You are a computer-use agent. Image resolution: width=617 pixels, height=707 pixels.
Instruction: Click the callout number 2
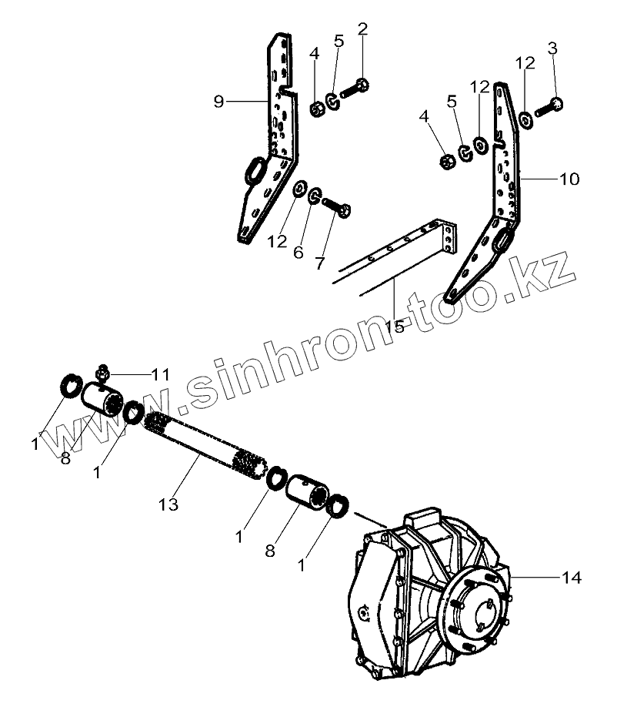pos(363,30)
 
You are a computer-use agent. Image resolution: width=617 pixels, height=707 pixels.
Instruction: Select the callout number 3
pos(552,49)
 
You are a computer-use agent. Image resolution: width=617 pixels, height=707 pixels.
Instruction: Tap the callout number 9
pos(218,102)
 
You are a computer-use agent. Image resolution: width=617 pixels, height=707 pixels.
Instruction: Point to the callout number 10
pos(569,179)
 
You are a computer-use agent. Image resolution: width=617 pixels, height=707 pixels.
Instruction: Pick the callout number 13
pos(168,504)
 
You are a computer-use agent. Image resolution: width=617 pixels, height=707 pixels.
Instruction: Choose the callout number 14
pos(572,577)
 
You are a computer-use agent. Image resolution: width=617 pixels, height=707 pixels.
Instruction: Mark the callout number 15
pos(393,327)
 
